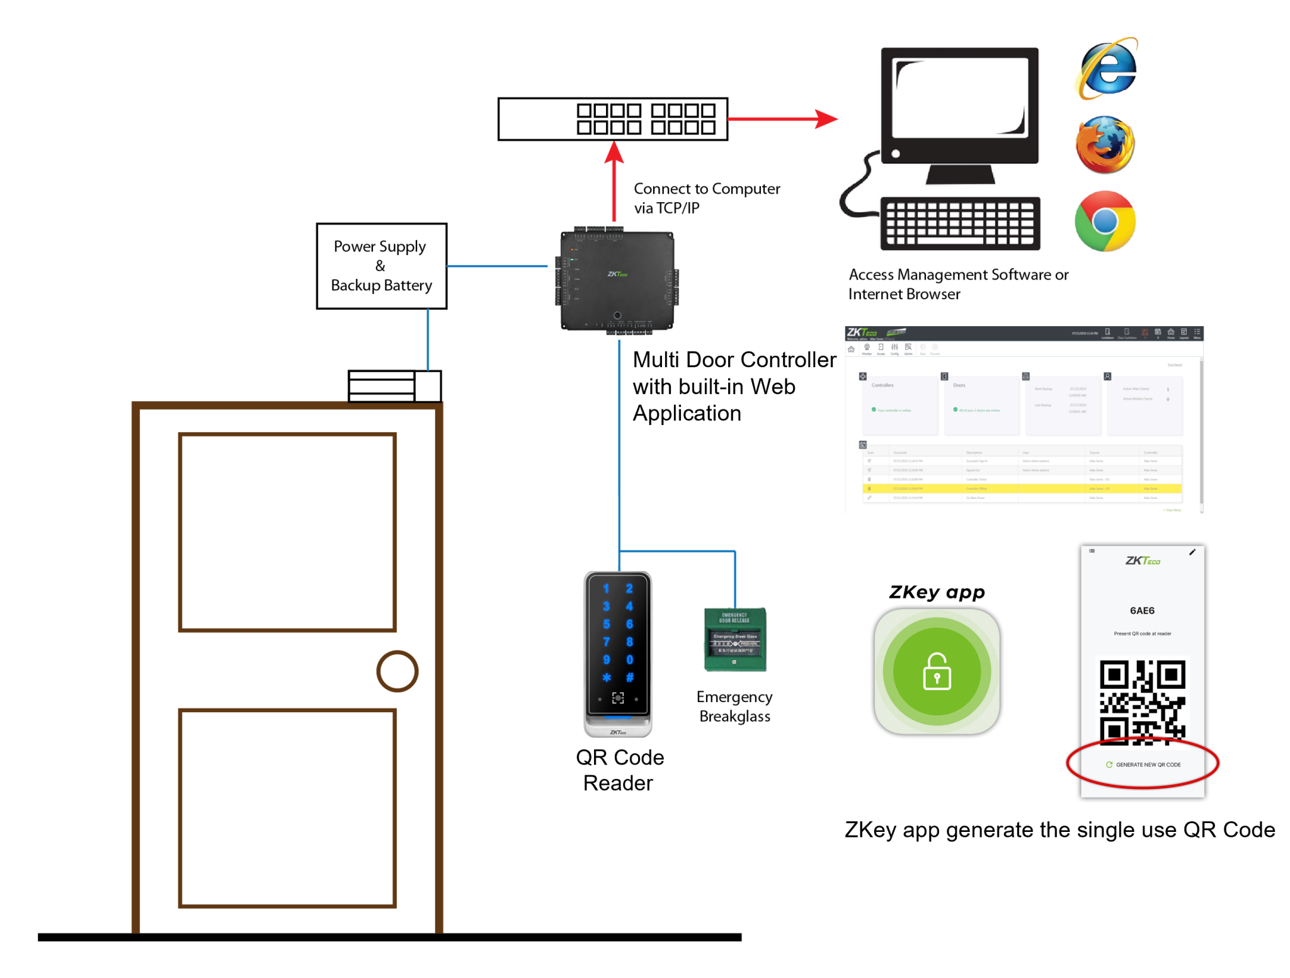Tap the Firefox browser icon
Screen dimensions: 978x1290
click(x=1105, y=145)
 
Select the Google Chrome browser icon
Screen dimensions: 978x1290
click(x=1105, y=221)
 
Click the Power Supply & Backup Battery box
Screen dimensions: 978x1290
click(x=381, y=266)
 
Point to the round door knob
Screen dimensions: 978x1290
click(x=397, y=671)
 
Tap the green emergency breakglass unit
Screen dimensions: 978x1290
click(x=734, y=639)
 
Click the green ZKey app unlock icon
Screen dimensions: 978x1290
click(x=937, y=671)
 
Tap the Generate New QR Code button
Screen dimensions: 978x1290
click(x=1143, y=765)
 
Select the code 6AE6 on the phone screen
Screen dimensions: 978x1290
click(x=1142, y=610)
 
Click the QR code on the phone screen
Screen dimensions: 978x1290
click(x=1142, y=702)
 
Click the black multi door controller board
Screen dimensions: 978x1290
click(x=617, y=280)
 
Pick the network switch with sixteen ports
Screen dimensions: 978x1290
click(x=612, y=119)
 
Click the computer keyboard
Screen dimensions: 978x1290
click(x=960, y=224)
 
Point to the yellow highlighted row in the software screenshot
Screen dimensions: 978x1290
click(x=1021, y=488)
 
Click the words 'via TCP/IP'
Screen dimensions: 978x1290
click(x=666, y=208)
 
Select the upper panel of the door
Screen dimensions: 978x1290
click(x=287, y=532)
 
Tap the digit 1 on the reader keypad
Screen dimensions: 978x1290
click(x=606, y=588)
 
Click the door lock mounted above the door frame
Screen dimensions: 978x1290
click(x=394, y=385)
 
